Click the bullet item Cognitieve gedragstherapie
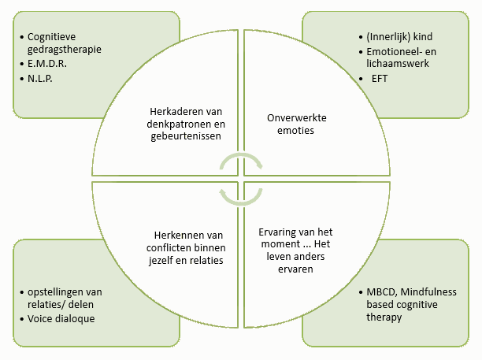[x=64, y=43]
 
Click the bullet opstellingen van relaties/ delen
[x=64, y=299]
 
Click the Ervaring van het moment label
[x=297, y=250]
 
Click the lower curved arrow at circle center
[x=240, y=191]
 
